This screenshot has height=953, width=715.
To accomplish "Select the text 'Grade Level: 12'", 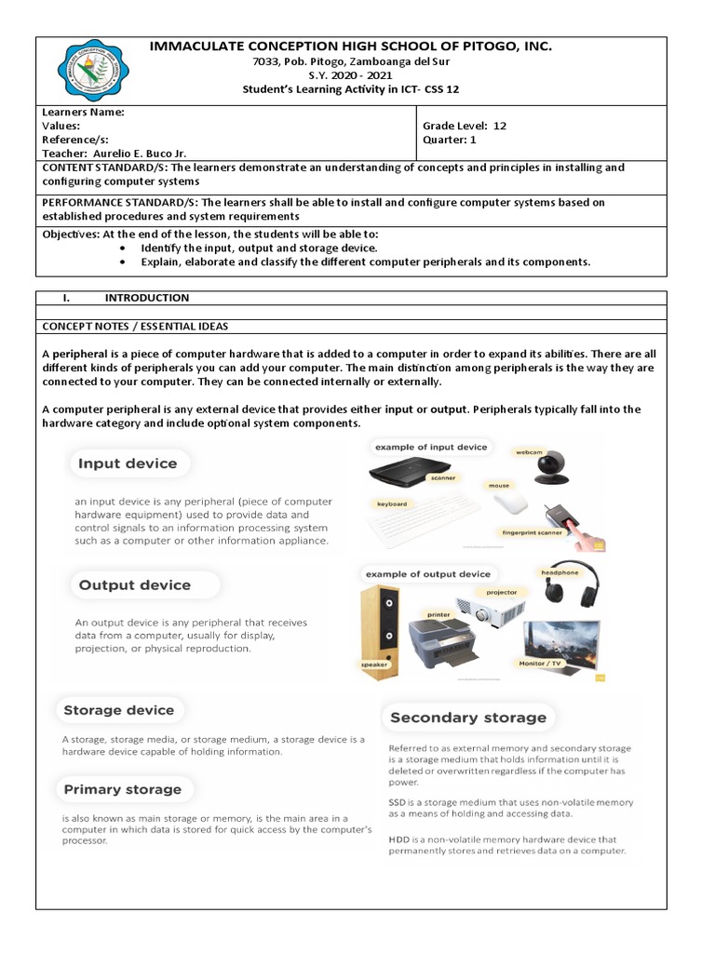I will [x=465, y=126].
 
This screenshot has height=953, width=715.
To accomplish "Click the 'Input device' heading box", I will [x=128, y=463].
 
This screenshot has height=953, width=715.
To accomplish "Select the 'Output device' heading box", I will [x=134, y=585].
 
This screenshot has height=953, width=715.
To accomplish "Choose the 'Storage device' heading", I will [x=119, y=710].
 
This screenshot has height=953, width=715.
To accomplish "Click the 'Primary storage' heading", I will [x=122, y=789].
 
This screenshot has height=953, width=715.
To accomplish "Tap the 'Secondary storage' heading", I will [x=468, y=718].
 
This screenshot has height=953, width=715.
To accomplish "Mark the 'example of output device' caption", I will [x=428, y=574].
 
